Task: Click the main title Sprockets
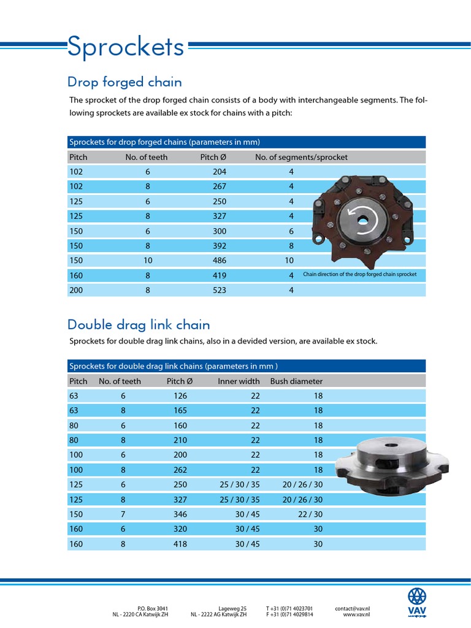coord(126,47)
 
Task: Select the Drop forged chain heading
coord(124,82)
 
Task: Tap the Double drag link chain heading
coord(139,324)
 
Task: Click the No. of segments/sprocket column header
coord(301,157)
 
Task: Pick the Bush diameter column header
coord(296,381)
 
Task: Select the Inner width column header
coord(239,381)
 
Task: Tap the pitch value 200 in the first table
coord(76,290)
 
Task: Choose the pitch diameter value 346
coord(180,514)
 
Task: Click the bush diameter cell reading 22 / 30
coord(310,514)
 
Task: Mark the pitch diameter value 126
coord(180,396)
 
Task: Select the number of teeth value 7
coord(123,514)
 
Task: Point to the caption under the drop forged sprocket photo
coord(359,274)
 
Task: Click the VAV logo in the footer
coord(417,602)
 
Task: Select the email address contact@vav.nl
coord(352,608)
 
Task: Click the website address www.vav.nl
coord(356,614)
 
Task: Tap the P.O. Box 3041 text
coord(148,608)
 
